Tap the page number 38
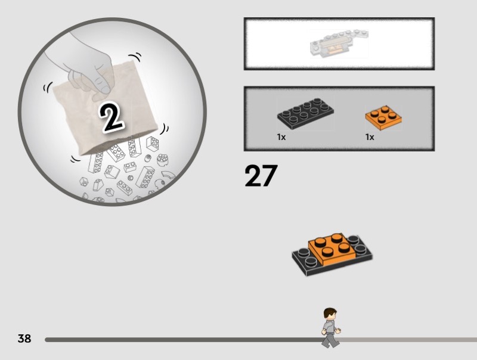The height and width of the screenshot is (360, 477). coord(24,339)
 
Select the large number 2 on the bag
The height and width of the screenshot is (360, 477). coord(111,118)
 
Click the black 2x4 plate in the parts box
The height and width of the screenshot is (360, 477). coord(305,113)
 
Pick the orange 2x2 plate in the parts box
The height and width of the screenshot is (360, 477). coord(383,118)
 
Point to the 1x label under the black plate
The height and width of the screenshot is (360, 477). coord(281,137)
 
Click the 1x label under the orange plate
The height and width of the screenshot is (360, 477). coord(370,137)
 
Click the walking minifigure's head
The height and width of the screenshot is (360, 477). coord(330,314)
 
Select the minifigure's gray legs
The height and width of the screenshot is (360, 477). coord(330,340)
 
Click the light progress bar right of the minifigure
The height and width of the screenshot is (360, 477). coord(408,340)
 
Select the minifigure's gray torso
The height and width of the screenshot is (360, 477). coord(330,327)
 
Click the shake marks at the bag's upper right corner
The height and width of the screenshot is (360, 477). coord(135,57)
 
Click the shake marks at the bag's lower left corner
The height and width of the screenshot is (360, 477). coord(76,159)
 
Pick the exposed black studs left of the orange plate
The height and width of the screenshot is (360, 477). coord(306,257)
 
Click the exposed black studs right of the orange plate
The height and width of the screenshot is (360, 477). coord(357,245)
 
